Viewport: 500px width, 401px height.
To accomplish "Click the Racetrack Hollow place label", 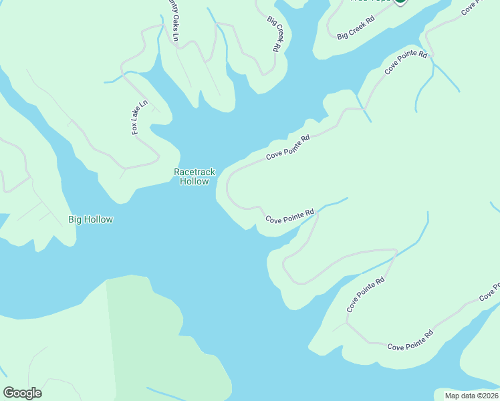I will tap(195, 176).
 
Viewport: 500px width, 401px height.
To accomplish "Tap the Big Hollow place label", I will tap(91, 219).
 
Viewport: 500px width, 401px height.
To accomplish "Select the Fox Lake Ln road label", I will tap(139, 118).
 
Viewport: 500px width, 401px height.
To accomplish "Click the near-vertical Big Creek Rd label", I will tap(273, 34).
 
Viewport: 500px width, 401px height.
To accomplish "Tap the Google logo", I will tap(22, 393).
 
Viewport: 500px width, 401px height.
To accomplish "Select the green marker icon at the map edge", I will tap(400, 2).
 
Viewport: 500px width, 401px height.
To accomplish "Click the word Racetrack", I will tap(195, 172).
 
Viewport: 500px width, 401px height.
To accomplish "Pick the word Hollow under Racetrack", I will tap(195, 181).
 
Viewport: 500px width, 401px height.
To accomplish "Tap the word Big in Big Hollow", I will tap(76, 219).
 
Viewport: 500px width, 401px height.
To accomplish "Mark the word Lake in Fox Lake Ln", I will tap(139, 116).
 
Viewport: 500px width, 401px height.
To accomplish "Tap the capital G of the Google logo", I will tap(9, 393).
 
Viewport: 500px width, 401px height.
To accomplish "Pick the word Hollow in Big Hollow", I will tap(99, 219).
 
